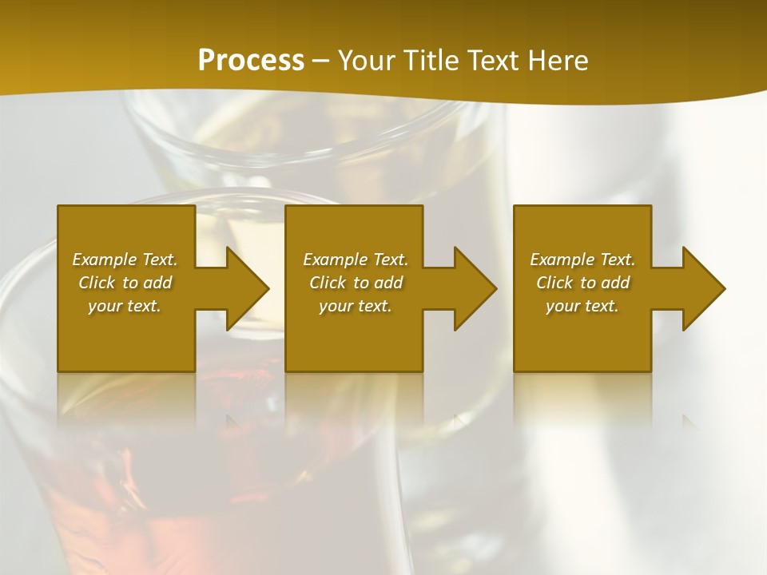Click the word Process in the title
pos(251,61)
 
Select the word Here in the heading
pos(557,61)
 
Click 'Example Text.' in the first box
pos(125,260)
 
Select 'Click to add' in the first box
pos(125,283)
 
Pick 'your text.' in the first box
pos(125,306)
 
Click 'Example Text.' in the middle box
pos(355,260)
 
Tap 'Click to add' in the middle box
pos(356,283)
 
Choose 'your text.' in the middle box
pos(355,306)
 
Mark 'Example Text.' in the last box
pos(582,260)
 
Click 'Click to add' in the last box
pos(582,283)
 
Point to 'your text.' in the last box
pos(582,306)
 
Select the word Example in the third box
pos(562,260)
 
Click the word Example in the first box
pos(104,260)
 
